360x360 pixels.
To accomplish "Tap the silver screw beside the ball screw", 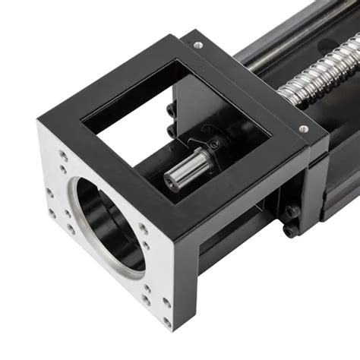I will point(304,129).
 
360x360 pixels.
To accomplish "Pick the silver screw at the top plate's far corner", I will point(198,46).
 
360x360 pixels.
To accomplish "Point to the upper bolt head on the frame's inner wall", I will point(169,112).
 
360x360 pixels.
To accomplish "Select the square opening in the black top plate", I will point(175,114).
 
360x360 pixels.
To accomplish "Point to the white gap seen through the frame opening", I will point(125,141).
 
